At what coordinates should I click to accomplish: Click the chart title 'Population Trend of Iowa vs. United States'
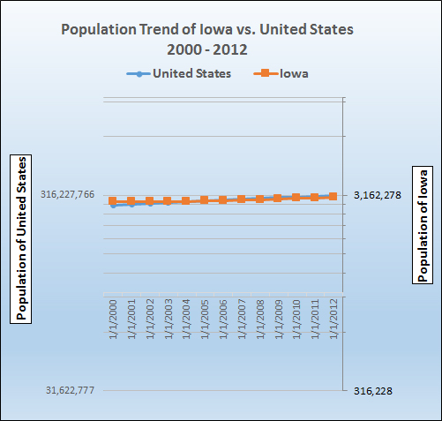tap(206, 29)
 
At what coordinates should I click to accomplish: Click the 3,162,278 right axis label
tap(378, 195)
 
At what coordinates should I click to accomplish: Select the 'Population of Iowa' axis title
tap(423, 223)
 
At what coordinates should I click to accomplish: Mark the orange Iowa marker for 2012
tap(333, 196)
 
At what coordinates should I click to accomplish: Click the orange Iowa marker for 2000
tap(113, 201)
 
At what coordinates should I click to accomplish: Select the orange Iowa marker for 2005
tap(205, 200)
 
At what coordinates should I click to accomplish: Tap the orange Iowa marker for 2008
tap(259, 199)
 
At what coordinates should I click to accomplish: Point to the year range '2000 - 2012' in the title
tap(206, 49)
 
